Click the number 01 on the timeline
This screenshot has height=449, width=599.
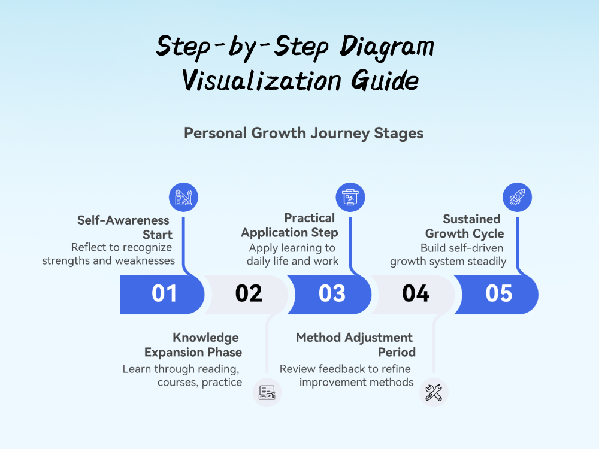pyautogui.click(x=164, y=293)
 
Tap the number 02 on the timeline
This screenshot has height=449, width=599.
pyautogui.click(x=249, y=293)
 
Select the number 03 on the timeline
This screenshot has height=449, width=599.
pyautogui.click(x=332, y=293)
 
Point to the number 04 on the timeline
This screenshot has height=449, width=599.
pyautogui.click(x=416, y=293)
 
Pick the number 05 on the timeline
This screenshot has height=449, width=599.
pyautogui.click(x=499, y=293)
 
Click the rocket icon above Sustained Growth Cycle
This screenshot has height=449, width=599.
pyautogui.click(x=517, y=198)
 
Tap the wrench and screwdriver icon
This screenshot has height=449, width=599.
pyautogui.click(x=434, y=393)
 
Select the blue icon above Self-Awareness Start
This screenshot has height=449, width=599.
pyautogui.click(x=183, y=198)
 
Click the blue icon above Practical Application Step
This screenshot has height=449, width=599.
pyautogui.click(x=350, y=198)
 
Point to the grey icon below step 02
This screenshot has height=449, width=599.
pyautogui.click(x=267, y=393)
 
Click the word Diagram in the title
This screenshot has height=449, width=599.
pyautogui.click(x=386, y=47)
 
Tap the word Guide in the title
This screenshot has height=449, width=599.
pyautogui.click(x=385, y=81)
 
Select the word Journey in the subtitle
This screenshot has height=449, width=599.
pyautogui.click(x=340, y=134)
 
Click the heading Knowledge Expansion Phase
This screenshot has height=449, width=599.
pyautogui.click(x=193, y=345)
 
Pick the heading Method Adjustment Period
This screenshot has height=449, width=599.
pyautogui.click(x=356, y=345)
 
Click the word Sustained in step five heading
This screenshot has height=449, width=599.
pyautogui.click(x=471, y=219)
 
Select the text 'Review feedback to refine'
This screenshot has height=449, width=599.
pyautogui.click(x=345, y=369)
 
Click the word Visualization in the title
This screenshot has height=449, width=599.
pyautogui.click(x=262, y=81)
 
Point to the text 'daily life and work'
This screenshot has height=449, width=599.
pyautogui.click(x=292, y=261)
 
